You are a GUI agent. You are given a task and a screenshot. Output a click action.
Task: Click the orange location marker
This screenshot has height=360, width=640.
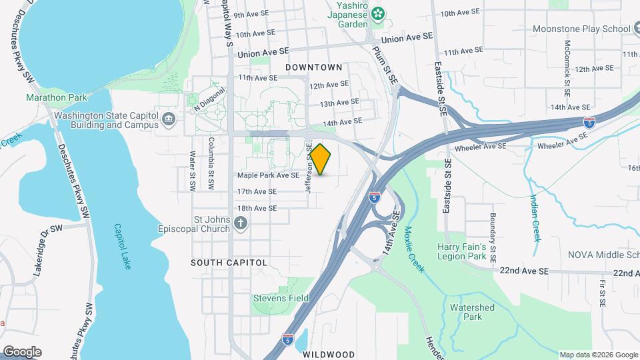321,159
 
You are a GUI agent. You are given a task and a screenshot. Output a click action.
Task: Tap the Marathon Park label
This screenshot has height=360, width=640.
57,97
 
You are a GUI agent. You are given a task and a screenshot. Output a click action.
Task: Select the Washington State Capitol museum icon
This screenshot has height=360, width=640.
169,119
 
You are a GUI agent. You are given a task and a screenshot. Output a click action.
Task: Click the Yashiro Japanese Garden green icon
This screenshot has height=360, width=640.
379,13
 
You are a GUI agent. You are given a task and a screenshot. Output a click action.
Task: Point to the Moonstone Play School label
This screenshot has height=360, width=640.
581,29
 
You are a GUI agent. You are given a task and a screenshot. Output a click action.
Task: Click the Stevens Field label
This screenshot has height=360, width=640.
281,298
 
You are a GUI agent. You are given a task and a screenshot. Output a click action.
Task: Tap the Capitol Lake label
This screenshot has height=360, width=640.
123,246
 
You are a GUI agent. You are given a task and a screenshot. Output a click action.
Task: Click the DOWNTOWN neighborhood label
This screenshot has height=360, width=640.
313,67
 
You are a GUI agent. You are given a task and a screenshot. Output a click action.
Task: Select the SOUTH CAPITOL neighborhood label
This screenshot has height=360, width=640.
229,263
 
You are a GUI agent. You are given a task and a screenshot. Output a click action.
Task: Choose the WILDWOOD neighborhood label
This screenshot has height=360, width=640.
329,354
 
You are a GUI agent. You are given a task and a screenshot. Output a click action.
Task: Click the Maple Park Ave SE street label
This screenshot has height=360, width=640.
268,175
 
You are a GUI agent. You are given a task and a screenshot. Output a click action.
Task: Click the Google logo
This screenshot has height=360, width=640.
22,351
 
